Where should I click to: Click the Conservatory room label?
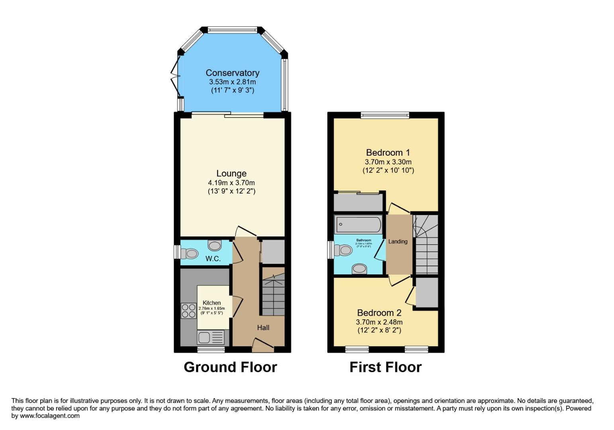[232, 73]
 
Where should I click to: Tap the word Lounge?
[231, 174]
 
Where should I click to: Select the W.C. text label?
[213, 259]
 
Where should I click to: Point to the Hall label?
[263, 328]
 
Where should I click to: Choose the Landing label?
[398, 242]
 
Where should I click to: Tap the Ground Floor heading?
[230, 367]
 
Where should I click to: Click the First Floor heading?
[385, 367]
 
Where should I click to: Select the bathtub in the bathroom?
[358, 225]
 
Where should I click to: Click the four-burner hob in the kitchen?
[188, 311]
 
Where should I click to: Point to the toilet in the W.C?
[189, 253]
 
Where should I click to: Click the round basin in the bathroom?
[359, 269]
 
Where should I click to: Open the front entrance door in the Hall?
[263, 345]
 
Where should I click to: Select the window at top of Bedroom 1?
[385, 115]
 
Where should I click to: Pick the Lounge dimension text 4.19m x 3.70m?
[231, 183]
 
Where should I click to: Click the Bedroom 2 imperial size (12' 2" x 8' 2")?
[379, 330]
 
